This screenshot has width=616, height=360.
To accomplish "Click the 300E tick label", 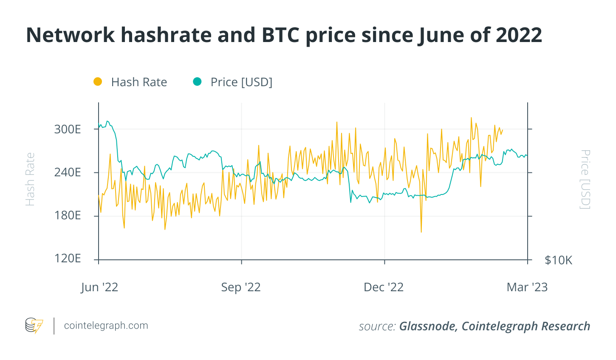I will coord(67,129).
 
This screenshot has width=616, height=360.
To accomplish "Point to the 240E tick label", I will coord(67,172).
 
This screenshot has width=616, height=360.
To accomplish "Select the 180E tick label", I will coord(67,216).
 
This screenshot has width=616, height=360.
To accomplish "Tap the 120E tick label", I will coord(67,259).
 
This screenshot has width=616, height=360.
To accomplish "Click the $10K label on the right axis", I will coord(558,260).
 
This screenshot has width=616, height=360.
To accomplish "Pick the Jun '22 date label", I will coord(99,287).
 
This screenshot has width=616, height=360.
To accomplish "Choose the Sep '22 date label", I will coord(241,287).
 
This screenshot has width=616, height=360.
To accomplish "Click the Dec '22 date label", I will coord(384,287).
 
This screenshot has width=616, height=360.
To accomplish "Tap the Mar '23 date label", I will coord(527,287).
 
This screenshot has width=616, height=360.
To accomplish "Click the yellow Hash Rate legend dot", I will coord(98,82).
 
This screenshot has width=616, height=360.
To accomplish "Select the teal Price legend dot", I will coord(197,82).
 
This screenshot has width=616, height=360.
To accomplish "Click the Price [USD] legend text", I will coord(241,82).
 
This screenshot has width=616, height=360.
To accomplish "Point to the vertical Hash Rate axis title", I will coord(30,180).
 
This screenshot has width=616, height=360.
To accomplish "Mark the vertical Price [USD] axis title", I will coord(585,179).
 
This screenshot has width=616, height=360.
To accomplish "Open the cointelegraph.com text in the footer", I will coord(106,326).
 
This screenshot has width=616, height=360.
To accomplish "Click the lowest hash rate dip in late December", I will coord(421,232).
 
